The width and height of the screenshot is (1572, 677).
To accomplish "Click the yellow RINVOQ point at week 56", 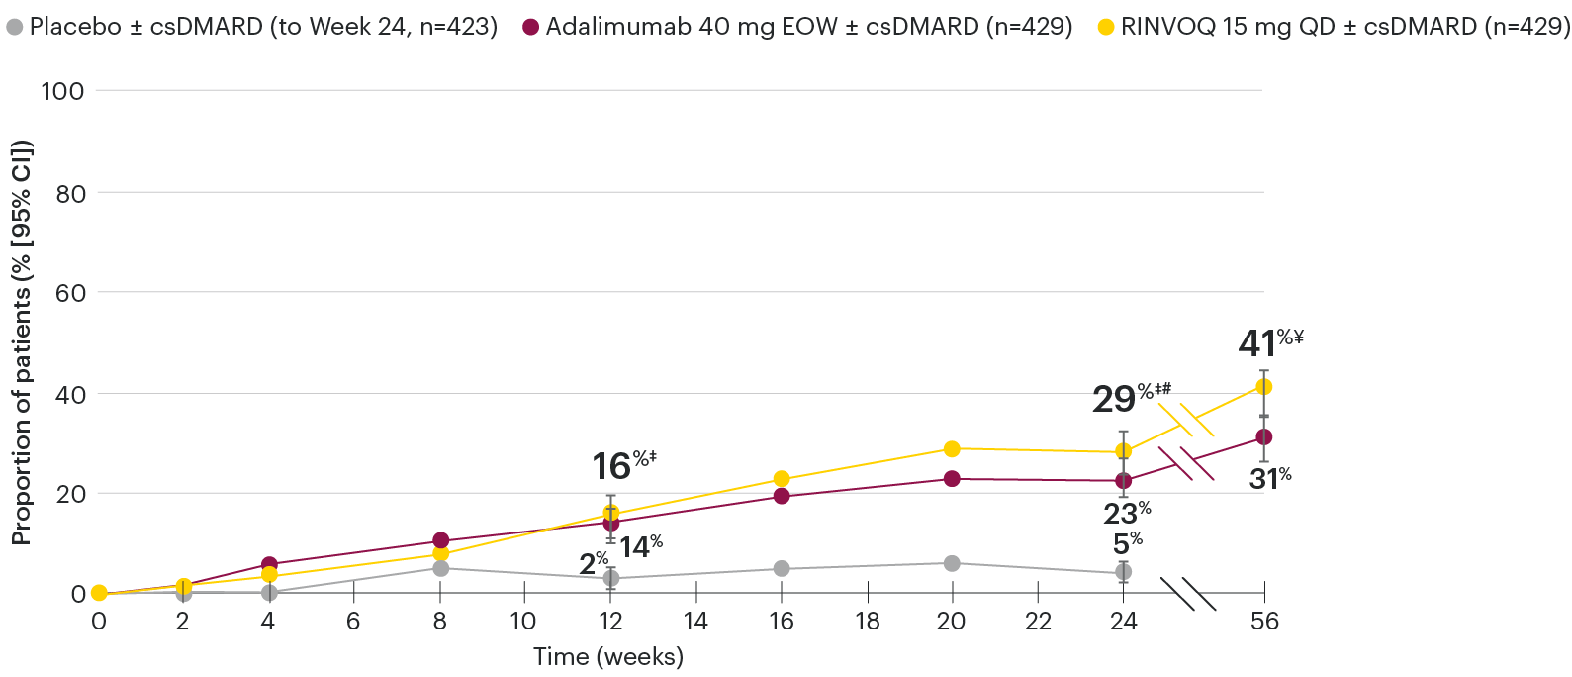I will pos(1263,387).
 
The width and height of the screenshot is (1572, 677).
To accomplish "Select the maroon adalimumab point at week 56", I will pos(1263,436).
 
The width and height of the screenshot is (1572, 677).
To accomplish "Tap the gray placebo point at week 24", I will pos(1123,572).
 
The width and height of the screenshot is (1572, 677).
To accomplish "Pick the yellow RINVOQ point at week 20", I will pos(952,449).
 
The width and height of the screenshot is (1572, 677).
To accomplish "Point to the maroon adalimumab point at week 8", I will pos(440,540).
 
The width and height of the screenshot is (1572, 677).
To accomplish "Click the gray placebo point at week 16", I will pos(782,569).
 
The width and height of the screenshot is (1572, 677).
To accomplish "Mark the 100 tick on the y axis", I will pos(62,91).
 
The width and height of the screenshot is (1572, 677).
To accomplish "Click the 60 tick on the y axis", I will pos(70,293).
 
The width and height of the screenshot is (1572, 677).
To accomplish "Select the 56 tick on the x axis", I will pos(1264,622).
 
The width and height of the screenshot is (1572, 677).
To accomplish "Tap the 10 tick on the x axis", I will pos(522,622).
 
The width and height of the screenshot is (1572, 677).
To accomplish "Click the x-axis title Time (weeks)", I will pos(607,656).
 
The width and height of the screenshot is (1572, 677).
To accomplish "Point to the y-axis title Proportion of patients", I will pos(22,341).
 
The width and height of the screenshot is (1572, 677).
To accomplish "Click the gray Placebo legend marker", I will pos(15,27).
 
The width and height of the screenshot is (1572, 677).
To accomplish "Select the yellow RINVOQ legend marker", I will pos(1106,27).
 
